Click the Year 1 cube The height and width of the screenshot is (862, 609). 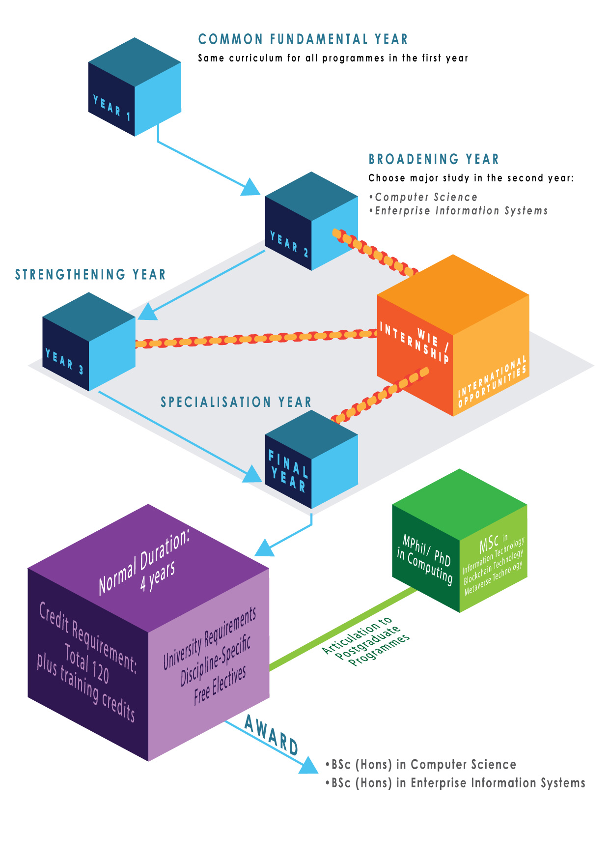click(135, 87)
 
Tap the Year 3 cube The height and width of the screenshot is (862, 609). click(89, 342)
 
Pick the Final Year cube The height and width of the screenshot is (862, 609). click(311, 460)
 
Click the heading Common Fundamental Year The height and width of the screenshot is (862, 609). click(303, 39)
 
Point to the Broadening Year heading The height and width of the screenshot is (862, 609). click(434, 159)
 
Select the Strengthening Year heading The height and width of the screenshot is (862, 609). click(90, 274)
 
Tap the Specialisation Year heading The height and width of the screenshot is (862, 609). click(236, 402)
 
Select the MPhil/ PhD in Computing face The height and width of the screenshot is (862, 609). click(425, 561)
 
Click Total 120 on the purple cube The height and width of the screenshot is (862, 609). click(87, 664)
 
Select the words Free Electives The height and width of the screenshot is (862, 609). click(220, 685)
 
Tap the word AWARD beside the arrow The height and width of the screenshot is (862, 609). click(271, 735)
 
